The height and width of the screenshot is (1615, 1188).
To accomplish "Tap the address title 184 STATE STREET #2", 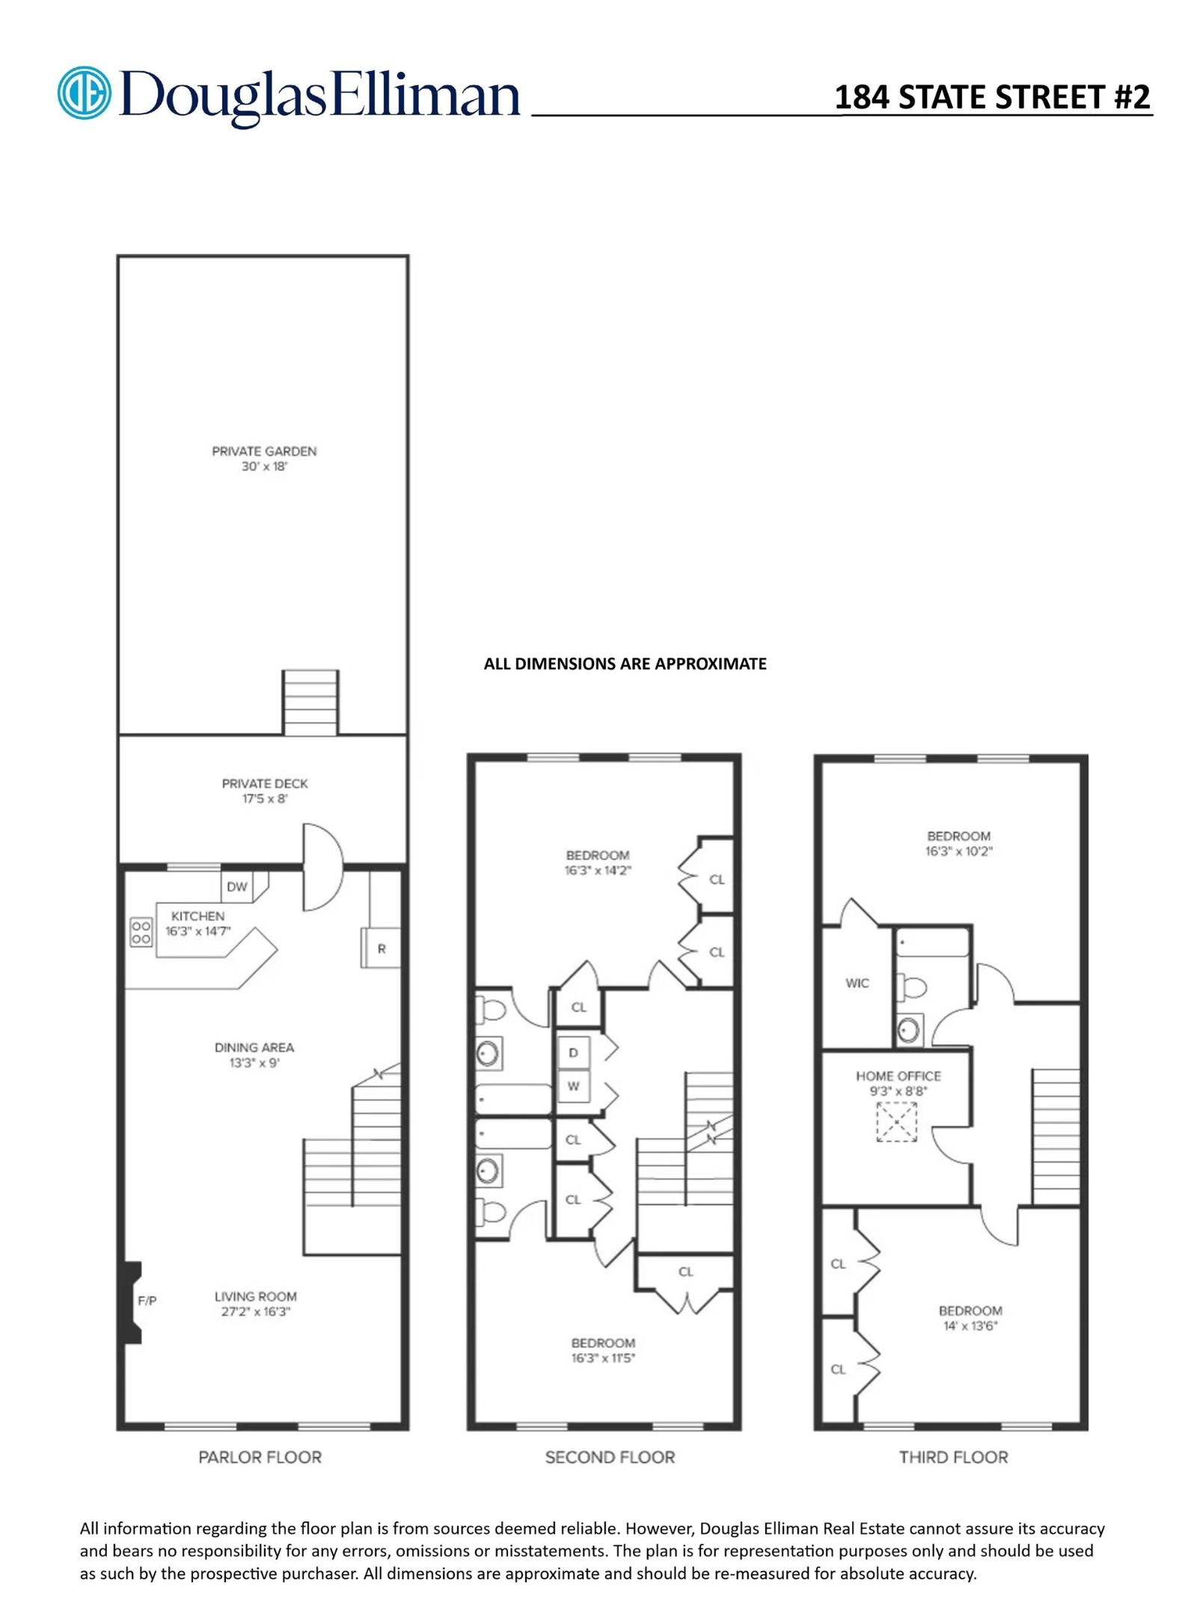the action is click(992, 97).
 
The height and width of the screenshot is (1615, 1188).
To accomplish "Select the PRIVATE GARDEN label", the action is click(264, 451).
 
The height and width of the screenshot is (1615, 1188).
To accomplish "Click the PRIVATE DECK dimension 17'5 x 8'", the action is click(265, 799).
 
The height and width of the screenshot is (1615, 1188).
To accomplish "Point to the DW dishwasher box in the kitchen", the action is click(237, 887).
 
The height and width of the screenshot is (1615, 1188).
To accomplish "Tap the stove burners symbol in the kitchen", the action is click(141, 932).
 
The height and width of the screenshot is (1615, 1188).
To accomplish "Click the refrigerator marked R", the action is click(381, 949).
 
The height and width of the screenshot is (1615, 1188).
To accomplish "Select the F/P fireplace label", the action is click(147, 1301).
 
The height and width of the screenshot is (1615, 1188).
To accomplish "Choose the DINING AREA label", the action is click(254, 1048).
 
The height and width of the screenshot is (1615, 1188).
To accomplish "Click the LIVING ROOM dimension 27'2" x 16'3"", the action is click(255, 1311).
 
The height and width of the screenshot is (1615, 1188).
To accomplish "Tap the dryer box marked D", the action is click(574, 1053).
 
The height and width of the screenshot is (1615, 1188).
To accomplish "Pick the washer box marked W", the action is click(574, 1086).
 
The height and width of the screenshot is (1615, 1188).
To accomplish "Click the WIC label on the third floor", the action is click(857, 983).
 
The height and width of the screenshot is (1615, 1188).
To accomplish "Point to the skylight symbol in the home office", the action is click(897, 1122).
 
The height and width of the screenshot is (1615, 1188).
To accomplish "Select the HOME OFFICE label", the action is click(898, 1076).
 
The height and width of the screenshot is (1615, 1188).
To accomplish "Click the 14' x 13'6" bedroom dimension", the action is click(970, 1326).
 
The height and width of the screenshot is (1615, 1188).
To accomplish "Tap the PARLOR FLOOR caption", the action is click(260, 1457).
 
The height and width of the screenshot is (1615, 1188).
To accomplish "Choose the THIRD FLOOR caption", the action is click(953, 1457).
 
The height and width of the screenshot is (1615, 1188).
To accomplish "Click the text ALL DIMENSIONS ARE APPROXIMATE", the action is click(625, 664).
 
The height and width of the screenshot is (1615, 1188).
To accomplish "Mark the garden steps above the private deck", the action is click(310, 702).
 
